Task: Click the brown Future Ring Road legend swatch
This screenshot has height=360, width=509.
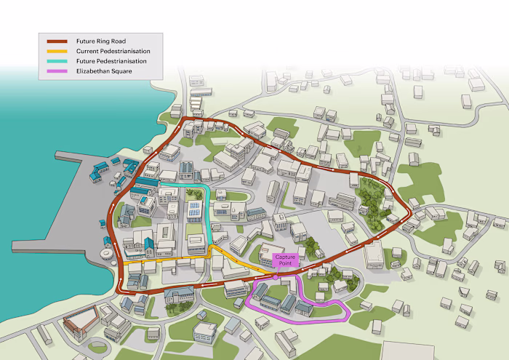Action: point(57,42)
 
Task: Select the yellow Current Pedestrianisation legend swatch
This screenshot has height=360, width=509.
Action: point(57,52)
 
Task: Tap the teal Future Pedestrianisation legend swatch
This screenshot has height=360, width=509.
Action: point(57,61)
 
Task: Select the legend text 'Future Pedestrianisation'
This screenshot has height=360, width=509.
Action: point(111,61)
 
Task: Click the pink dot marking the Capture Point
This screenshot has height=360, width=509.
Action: point(276,276)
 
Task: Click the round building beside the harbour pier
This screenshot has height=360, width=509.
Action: point(108,250)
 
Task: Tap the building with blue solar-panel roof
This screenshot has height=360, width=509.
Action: point(194,212)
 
